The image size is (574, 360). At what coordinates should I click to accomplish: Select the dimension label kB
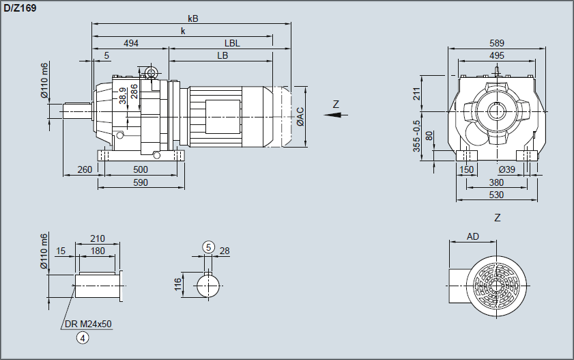click(192, 19)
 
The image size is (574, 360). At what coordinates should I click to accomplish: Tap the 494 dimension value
click(131, 43)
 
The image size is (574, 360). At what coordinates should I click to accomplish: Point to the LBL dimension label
click(232, 43)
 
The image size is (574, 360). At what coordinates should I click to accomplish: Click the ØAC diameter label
click(301, 116)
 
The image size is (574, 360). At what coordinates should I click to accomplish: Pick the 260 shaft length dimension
click(85, 169)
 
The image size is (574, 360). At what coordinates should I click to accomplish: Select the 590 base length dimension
click(140, 182)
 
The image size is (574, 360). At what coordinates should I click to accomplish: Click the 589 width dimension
click(497, 43)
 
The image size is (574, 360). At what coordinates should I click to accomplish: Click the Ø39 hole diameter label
click(506, 169)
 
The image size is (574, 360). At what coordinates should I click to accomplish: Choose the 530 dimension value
click(497, 195)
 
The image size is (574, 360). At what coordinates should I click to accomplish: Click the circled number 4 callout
click(83, 337)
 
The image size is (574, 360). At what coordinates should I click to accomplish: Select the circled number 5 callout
click(209, 247)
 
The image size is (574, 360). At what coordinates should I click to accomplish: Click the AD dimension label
click(472, 236)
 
